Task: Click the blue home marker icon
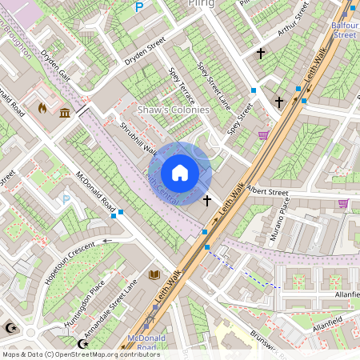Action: (x=180, y=173)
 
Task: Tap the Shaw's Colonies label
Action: (x=174, y=110)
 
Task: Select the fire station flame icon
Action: (x=43, y=106)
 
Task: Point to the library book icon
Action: (x=154, y=274)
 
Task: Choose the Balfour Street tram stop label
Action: (x=344, y=30)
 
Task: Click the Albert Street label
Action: (x=267, y=192)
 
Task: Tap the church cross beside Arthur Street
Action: (x=260, y=54)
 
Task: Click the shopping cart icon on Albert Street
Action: (x=343, y=204)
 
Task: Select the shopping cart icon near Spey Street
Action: (x=263, y=135)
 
